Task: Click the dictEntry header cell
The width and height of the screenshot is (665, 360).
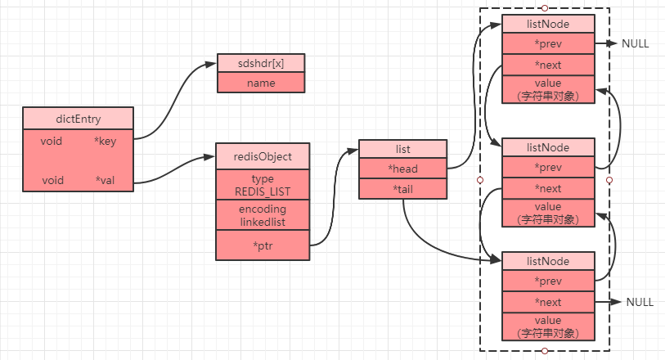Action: pos(77,118)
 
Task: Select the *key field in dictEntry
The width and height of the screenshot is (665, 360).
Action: pos(104,142)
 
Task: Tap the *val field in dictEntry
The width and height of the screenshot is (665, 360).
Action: pos(104,180)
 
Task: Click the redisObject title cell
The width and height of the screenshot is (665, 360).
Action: pos(263,155)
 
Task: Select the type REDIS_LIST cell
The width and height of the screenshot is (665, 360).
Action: pos(263,184)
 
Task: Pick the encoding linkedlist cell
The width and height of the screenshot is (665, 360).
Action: pos(263,215)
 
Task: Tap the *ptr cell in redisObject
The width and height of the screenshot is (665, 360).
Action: pos(263,245)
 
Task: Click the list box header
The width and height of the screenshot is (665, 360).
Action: pos(402,149)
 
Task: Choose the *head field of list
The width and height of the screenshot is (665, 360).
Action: pos(402,168)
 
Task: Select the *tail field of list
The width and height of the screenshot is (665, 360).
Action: pos(402,188)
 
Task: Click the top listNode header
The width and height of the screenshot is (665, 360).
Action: pos(547,25)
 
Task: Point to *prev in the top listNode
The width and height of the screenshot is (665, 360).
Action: pos(547,44)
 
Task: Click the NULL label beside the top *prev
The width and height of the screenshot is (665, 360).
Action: pos(636,44)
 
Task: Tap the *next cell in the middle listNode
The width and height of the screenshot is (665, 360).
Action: pos(547,188)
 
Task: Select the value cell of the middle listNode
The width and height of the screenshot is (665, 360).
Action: pos(547,213)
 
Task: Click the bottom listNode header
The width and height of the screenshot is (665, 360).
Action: pos(547,261)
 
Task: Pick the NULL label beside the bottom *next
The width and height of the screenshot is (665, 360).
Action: pos(640,302)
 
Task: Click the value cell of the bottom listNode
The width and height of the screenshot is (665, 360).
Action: pos(547,326)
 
